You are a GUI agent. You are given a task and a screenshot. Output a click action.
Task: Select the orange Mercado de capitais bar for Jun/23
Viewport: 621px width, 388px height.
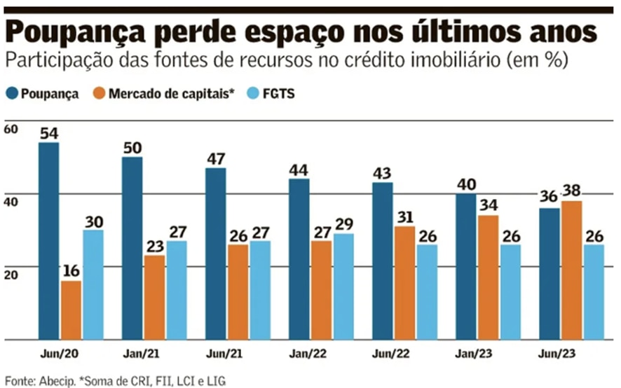pyautogui.click(x=572, y=270)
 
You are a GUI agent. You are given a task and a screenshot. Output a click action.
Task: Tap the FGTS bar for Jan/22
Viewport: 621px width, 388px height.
pyautogui.click(x=343, y=286)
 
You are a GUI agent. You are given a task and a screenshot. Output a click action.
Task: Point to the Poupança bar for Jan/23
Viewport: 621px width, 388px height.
pyautogui.click(x=465, y=266)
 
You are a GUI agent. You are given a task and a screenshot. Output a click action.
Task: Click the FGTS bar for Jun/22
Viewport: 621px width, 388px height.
pyautogui.click(x=427, y=291)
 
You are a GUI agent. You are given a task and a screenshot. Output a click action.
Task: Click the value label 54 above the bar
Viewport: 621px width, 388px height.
pyautogui.click(x=48, y=133)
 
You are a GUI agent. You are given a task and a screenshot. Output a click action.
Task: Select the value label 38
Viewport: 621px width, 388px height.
pyautogui.click(x=572, y=191)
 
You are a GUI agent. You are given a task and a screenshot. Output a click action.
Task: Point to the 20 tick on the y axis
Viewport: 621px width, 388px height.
pyautogui.click(x=10, y=275)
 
